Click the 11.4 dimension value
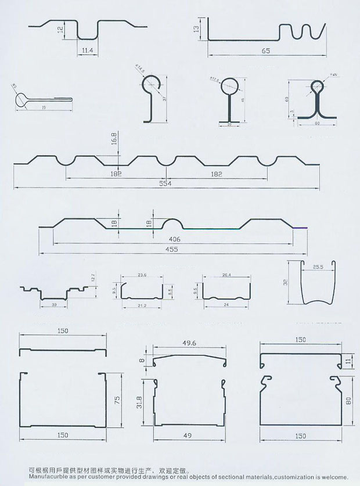[88, 51]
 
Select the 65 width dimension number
[265, 51]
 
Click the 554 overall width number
[167, 183]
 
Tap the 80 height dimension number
[348, 401]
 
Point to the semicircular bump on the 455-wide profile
[172, 224]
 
